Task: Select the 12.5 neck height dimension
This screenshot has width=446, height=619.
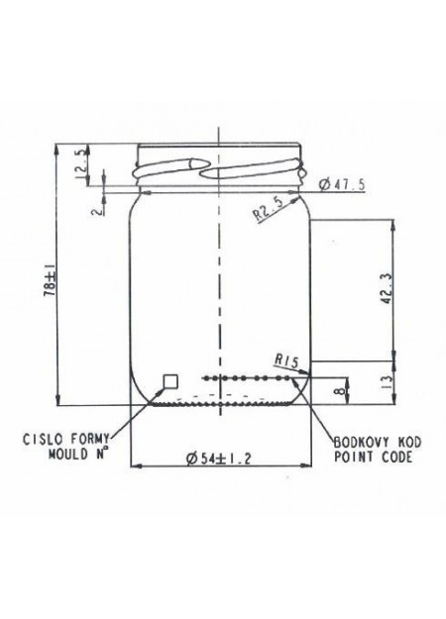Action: pyautogui.click(x=80, y=164)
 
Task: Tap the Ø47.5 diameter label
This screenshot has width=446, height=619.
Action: pyautogui.click(x=342, y=184)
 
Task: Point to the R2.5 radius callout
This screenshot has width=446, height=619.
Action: pyautogui.click(x=269, y=209)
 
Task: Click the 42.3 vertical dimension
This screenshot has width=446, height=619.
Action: pyautogui.click(x=387, y=288)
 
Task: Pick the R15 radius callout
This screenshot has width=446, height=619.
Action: pyautogui.click(x=287, y=361)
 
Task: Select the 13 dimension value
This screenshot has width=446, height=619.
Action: pyautogui.click(x=388, y=381)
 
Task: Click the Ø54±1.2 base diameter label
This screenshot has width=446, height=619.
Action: pyautogui.click(x=218, y=459)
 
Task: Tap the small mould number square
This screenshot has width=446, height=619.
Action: pyautogui.click(x=171, y=381)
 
